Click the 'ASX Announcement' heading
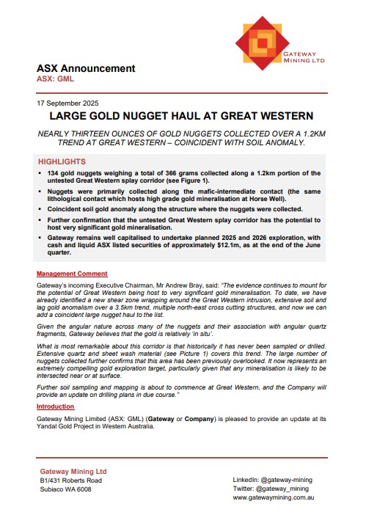86,68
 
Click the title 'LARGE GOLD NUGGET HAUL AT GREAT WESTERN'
181,116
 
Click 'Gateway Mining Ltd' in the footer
74,470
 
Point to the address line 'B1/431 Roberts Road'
71,481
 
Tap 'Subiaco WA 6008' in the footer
66,489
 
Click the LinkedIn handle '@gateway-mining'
291,479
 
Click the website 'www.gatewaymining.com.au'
274,497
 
